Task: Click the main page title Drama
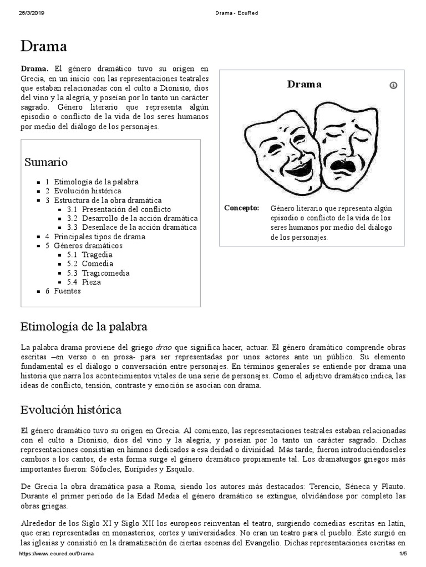pos(44,46)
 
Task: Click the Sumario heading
pos(46,162)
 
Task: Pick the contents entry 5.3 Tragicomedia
pos(105,273)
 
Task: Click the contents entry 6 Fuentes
pos(67,291)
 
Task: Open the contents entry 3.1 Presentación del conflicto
pos(126,209)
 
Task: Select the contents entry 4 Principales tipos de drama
pos(99,236)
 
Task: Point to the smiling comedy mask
pos(282,146)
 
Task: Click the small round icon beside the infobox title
pos(394,85)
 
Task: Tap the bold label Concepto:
pos(241,208)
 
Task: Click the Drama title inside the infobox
pos(304,85)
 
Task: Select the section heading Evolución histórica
pos(70,410)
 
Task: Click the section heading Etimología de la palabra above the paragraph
pos(84,326)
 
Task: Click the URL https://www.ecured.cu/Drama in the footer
pos(56,554)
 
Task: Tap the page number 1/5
pos(403,554)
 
